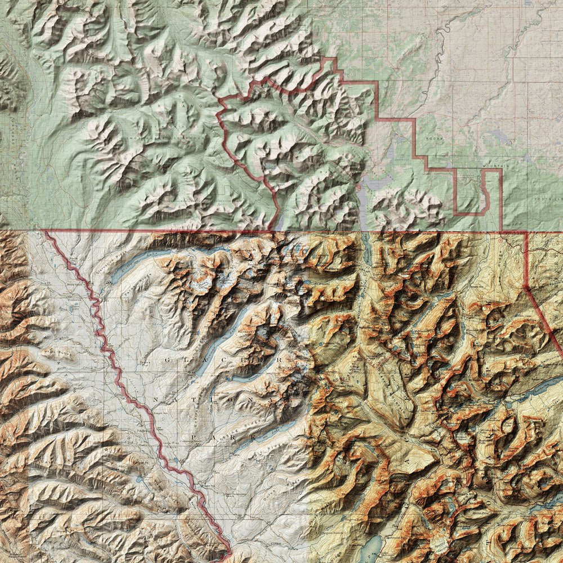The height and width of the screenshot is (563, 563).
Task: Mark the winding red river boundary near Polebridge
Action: pos(158,439)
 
